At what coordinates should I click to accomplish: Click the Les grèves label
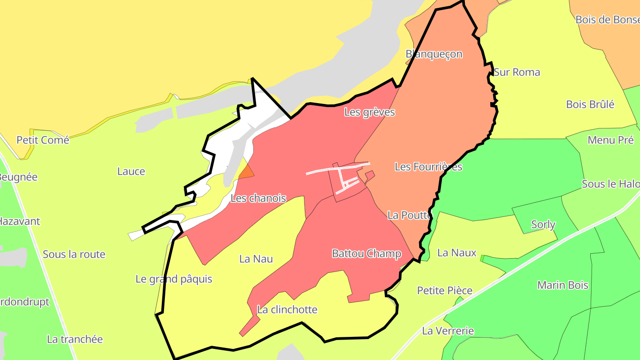369,112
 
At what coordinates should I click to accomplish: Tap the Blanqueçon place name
434,54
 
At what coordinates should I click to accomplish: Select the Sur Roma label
517,72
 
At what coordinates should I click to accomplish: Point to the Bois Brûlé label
590,104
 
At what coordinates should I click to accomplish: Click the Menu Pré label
610,140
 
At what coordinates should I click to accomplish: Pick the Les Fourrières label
428,167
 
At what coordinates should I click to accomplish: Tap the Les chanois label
258,198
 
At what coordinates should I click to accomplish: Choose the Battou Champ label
367,254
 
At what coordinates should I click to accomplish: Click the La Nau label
256,259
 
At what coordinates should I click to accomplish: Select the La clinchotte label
287,310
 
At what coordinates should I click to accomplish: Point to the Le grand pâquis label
174,279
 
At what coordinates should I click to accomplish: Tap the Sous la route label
74,254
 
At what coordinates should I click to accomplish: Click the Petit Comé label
43,140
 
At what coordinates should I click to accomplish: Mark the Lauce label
131,171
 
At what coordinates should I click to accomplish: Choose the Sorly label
543,224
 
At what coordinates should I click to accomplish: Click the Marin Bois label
563,285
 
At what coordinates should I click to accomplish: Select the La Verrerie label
448,331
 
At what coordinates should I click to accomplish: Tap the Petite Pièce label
444,291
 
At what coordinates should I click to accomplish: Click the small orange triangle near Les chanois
247,172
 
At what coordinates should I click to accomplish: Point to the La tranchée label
75,339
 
